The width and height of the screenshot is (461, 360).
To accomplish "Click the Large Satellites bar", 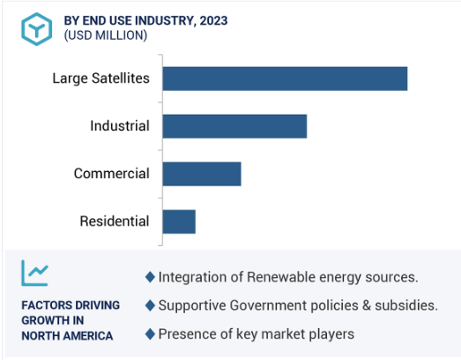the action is [x=285, y=79].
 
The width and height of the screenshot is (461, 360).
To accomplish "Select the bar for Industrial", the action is [x=234, y=126].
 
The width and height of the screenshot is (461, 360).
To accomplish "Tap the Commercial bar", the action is [x=202, y=174].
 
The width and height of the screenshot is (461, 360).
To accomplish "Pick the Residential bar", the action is [x=179, y=221].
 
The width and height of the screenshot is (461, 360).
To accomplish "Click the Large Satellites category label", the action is [x=100, y=79].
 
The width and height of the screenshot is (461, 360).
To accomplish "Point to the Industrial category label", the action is [x=120, y=126].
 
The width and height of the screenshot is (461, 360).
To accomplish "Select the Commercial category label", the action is [x=112, y=173].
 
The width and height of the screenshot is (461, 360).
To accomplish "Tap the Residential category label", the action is [x=115, y=221].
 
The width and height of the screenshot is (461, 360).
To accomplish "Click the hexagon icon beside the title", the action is [x=37, y=29].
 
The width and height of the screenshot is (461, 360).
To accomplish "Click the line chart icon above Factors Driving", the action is [x=34, y=274].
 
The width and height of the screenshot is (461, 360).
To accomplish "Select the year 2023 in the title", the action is [x=213, y=21].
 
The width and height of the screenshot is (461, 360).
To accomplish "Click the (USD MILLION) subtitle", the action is [x=106, y=35].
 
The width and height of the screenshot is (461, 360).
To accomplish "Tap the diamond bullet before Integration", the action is [x=150, y=277].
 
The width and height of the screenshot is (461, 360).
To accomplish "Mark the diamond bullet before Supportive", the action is [x=150, y=305].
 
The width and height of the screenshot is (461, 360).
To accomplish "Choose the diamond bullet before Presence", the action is [x=150, y=334].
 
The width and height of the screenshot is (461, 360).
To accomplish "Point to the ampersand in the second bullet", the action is [x=367, y=305].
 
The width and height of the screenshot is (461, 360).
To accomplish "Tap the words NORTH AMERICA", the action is [x=67, y=336].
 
